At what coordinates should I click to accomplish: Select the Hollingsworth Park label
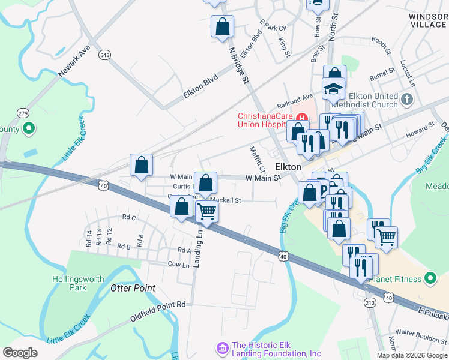pyautogui.click(x=78, y=283)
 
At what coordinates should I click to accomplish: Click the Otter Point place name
pyautogui.click(x=133, y=289)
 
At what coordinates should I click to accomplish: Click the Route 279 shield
pyautogui.click(x=23, y=113)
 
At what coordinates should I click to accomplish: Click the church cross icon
pyautogui.click(x=408, y=98)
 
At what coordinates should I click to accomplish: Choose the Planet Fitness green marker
pyautogui.click(x=430, y=278)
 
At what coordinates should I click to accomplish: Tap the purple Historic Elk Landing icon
pyautogui.click(x=222, y=347)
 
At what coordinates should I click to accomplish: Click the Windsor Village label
pyautogui.click(x=429, y=20)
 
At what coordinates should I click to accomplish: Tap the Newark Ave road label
pyautogui.click(x=74, y=61)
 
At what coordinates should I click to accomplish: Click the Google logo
pyautogui.click(x=20, y=353)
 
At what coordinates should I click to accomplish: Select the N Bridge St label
pyautogui.click(x=238, y=67)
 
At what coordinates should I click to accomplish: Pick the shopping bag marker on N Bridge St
pyautogui.click(x=222, y=26)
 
